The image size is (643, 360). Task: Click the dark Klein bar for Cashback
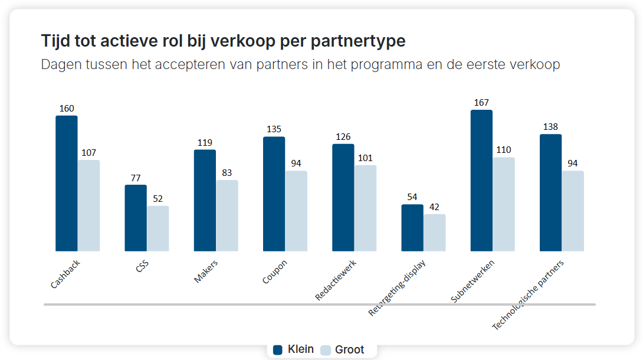click(x=67, y=184)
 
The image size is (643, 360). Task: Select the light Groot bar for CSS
click(x=158, y=228)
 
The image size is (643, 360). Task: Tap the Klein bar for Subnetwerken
click(x=481, y=181)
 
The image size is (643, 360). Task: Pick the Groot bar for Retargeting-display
click(x=435, y=233)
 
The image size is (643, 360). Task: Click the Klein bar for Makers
click(x=205, y=201)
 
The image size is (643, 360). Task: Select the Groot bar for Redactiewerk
click(x=365, y=208)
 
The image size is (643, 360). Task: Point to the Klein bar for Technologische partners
click(x=550, y=193)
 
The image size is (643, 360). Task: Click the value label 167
click(x=481, y=103)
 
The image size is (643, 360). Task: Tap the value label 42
click(x=435, y=207)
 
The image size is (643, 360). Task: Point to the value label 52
click(x=158, y=199)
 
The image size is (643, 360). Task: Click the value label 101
click(x=365, y=158)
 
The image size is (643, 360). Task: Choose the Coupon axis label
click(x=275, y=272)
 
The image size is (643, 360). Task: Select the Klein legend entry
click(x=294, y=349)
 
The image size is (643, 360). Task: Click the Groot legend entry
click(x=343, y=349)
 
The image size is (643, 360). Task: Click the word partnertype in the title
click(x=360, y=41)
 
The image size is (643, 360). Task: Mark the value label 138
click(x=550, y=127)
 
